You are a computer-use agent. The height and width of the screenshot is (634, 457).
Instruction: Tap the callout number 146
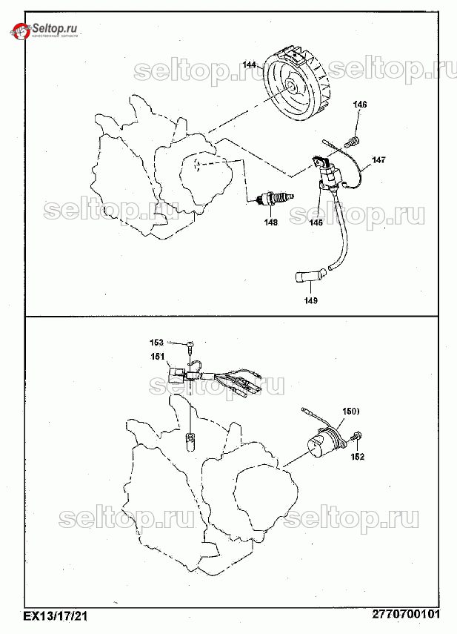click(x=359, y=105)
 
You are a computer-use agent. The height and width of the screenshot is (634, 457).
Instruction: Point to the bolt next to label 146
click(x=356, y=139)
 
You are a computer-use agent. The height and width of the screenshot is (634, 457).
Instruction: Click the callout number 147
click(x=378, y=159)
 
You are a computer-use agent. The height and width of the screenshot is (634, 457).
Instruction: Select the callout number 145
click(x=316, y=222)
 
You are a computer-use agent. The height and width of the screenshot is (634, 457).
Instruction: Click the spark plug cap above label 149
click(x=304, y=277)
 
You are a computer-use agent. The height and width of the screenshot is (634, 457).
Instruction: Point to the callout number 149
click(x=310, y=300)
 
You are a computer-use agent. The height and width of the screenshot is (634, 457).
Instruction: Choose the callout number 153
click(x=156, y=343)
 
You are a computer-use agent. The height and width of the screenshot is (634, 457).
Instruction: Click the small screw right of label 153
click(x=190, y=343)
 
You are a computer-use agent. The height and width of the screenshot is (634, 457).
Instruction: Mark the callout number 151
click(x=158, y=357)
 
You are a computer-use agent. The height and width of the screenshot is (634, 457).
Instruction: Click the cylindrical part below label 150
click(x=324, y=443)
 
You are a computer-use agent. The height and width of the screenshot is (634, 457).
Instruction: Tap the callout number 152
click(x=357, y=458)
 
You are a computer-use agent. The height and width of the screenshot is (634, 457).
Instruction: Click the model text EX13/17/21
click(x=56, y=615)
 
